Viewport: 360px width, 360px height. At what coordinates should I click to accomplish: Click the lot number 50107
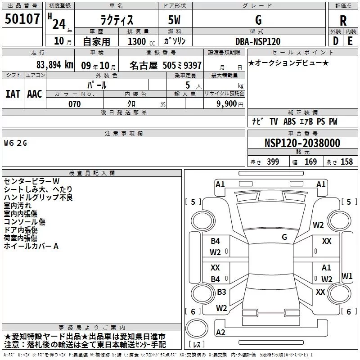coord(22,20)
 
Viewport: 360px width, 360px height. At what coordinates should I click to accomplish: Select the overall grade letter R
coord(343,20)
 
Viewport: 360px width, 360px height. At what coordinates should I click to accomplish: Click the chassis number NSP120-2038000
coord(302,143)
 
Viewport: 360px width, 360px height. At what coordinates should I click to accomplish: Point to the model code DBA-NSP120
coord(258,41)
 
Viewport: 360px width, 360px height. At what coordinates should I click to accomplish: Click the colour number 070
coord(74,104)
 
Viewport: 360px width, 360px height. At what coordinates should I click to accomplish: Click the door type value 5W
coord(175,21)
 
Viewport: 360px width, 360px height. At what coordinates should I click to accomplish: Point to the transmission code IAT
coord(13,94)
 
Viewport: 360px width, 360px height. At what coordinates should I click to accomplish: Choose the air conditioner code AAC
coord(35,94)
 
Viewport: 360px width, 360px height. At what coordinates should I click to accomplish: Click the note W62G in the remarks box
coord(16,143)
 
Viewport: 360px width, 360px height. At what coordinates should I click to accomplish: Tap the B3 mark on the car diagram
coord(221,292)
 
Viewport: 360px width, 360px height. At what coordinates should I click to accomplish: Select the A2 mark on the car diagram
coord(220,333)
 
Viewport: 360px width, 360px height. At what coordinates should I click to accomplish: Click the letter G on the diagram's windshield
coord(284,237)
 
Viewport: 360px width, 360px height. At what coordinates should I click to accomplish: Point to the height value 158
coord(346,162)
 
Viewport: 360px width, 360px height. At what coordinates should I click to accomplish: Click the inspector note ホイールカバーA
coord(31,246)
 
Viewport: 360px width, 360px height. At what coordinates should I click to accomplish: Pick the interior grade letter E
coord(350,41)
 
